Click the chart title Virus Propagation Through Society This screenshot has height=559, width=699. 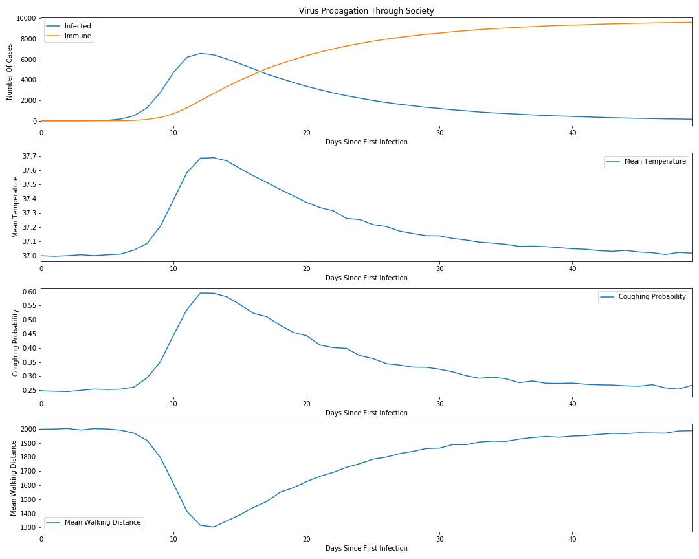coord(366,11)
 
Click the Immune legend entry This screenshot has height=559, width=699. coord(78,37)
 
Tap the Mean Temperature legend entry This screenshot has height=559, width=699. coord(655,162)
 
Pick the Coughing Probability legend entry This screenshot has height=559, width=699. coord(652,297)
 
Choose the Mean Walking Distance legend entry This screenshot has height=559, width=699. coord(102,522)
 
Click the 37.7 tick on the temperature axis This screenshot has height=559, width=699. coord(30,157)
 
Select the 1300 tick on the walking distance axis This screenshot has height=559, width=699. coord(30,528)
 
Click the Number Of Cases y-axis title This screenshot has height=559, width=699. coord(10,72)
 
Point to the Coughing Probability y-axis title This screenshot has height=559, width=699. coord(16,342)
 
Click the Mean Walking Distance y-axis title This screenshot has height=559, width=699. coord(14,478)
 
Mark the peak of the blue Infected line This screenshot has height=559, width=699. coord(201,53)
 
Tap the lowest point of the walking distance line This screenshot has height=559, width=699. coord(214,527)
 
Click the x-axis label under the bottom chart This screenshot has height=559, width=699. coord(366,549)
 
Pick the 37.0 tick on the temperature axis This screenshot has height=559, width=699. coord(30,256)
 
